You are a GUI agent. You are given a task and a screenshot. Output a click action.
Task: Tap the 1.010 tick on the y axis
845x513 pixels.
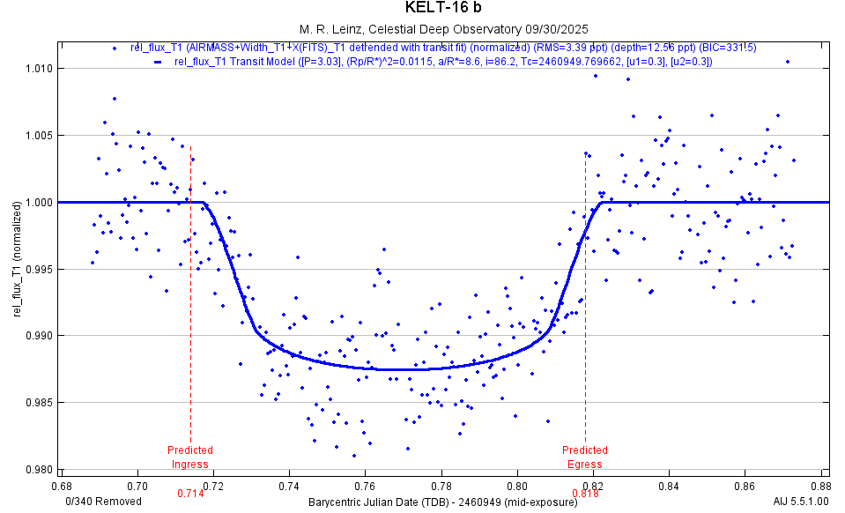(x=41, y=69)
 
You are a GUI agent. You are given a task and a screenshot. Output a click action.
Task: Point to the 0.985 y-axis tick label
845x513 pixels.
(x=41, y=403)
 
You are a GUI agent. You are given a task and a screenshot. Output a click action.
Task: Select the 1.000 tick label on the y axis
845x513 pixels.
(x=41, y=203)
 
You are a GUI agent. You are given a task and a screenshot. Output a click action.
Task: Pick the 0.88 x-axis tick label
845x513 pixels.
(x=821, y=486)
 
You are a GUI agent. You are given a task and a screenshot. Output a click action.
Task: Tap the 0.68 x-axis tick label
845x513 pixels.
(x=62, y=486)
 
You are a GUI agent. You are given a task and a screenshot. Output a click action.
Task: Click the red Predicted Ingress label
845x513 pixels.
(x=190, y=457)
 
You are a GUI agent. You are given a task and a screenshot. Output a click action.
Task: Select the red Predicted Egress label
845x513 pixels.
(x=585, y=457)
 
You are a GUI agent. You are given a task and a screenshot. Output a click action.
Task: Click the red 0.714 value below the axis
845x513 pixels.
(x=190, y=494)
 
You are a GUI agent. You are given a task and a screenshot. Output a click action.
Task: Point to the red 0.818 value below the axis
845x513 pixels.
(x=585, y=494)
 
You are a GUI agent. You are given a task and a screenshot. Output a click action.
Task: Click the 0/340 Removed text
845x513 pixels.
(x=104, y=502)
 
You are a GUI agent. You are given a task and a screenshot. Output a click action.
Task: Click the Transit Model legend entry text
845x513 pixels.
(x=443, y=61)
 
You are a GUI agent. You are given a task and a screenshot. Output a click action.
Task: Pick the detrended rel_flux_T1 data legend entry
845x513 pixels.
(x=443, y=48)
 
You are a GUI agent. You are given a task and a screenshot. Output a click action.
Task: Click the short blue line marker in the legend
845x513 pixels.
(x=158, y=62)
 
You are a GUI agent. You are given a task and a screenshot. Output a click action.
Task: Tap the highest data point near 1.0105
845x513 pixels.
(x=788, y=62)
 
